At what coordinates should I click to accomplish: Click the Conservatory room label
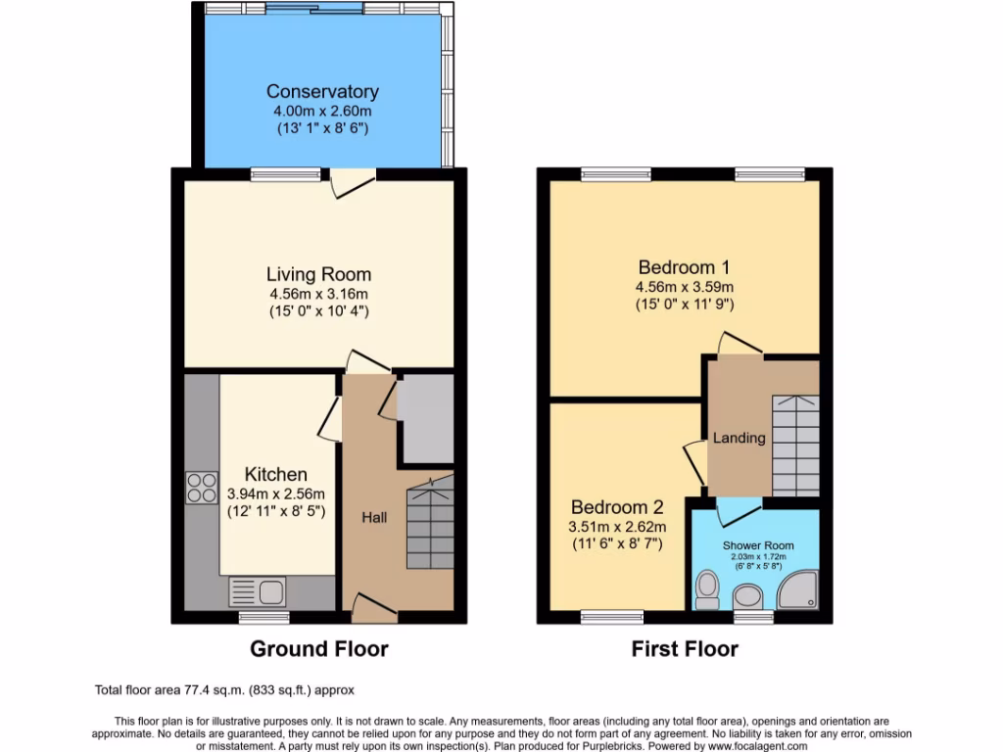point(322,92)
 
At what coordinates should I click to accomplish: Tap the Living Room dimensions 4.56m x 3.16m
point(319,294)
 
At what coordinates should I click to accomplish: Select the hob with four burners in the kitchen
point(202,487)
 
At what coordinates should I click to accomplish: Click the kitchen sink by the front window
point(257,590)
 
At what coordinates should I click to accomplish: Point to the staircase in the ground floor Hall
point(429,523)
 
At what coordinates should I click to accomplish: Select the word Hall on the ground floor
point(374,516)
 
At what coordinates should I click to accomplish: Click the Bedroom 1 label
point(685,267)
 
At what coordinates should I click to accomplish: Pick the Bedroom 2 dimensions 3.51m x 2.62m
point(617,526)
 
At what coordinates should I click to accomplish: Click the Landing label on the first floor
point(739,438)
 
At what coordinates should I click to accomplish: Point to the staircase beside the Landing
point(795,446)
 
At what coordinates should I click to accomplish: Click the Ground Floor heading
point(319,649)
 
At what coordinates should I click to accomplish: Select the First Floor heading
point(685,649)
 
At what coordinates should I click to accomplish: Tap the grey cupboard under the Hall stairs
point(426,419)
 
